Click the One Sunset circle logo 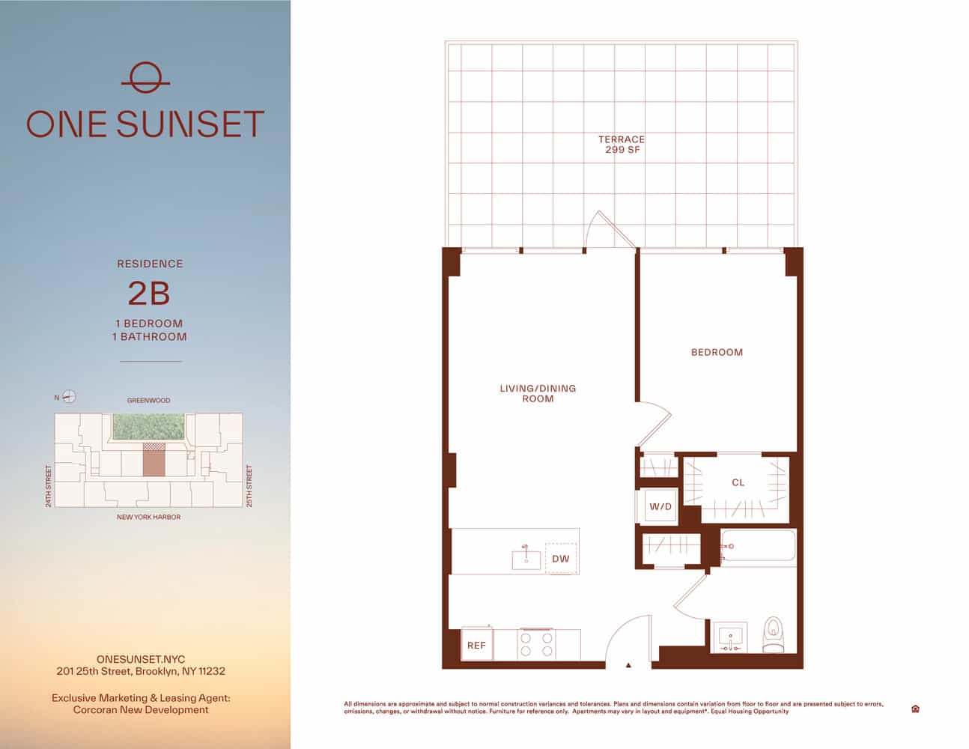[x=145, y=78]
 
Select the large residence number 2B [x=149, y=294]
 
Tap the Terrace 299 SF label [x=621, y=145]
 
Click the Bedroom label [x=717, y=352]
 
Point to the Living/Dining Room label [x=538, y=393]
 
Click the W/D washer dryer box [x=660, y=506]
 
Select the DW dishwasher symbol [x=561, y=559]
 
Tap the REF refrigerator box [x=476, y=645]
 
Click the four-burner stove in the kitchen [x=537, y=644]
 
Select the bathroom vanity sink [x=730, y=637]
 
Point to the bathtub [x=758, y=546]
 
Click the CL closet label [x=738, y=482]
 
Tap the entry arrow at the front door [x=628, y=664]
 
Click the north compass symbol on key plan [x=69, y=397]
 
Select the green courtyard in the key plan [x=148, y=426]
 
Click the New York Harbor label [x=148, y=517]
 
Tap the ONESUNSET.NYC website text [x=141, y=659]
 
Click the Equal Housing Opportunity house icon [x=915, y=709]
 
